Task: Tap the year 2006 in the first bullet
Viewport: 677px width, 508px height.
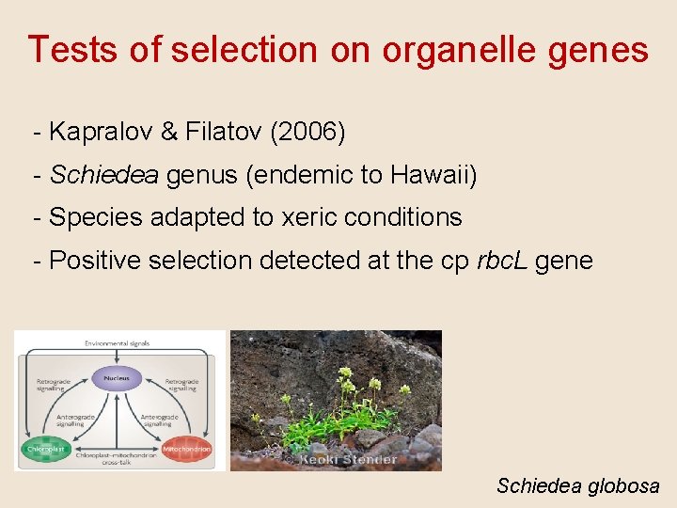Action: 308,133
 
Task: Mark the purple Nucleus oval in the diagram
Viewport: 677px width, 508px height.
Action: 118,377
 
